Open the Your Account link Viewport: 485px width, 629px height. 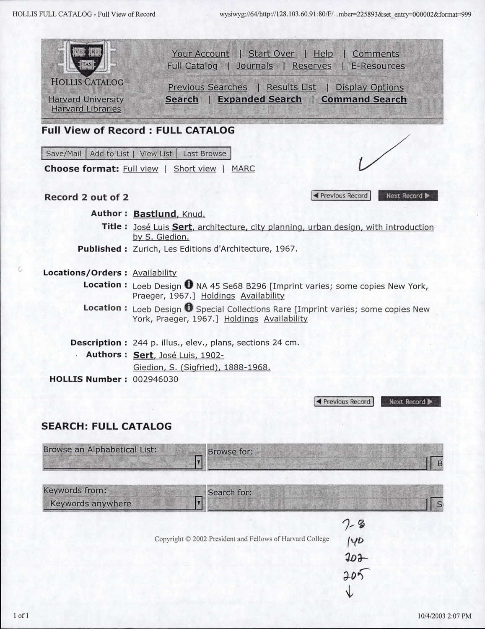click(x=200, y=54)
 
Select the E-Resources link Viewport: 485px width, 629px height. click(x=378, y=66)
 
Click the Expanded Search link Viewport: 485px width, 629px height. click(x=259, y=99)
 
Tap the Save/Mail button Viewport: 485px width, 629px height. click(x=64, y=153)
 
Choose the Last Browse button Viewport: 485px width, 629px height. click(x=204, y=153)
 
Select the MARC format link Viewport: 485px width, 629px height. click(x=243, y=169)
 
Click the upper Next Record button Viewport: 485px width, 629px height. click(x=407, y=196)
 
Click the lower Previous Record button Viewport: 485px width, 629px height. click(x=343, y=402)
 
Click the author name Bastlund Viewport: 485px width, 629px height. click(x=155, y=214)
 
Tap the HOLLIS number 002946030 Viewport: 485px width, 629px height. click(x=156, y=379)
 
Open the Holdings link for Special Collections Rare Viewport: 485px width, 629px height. click(x=241, y=319)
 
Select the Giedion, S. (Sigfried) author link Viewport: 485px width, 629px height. click(x=201, y=368)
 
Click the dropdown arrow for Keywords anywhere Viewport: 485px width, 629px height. click(x=199, y=503)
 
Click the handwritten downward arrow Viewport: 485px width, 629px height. click(x=349, y=592)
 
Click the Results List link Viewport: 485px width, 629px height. click(x=291, y=87)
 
